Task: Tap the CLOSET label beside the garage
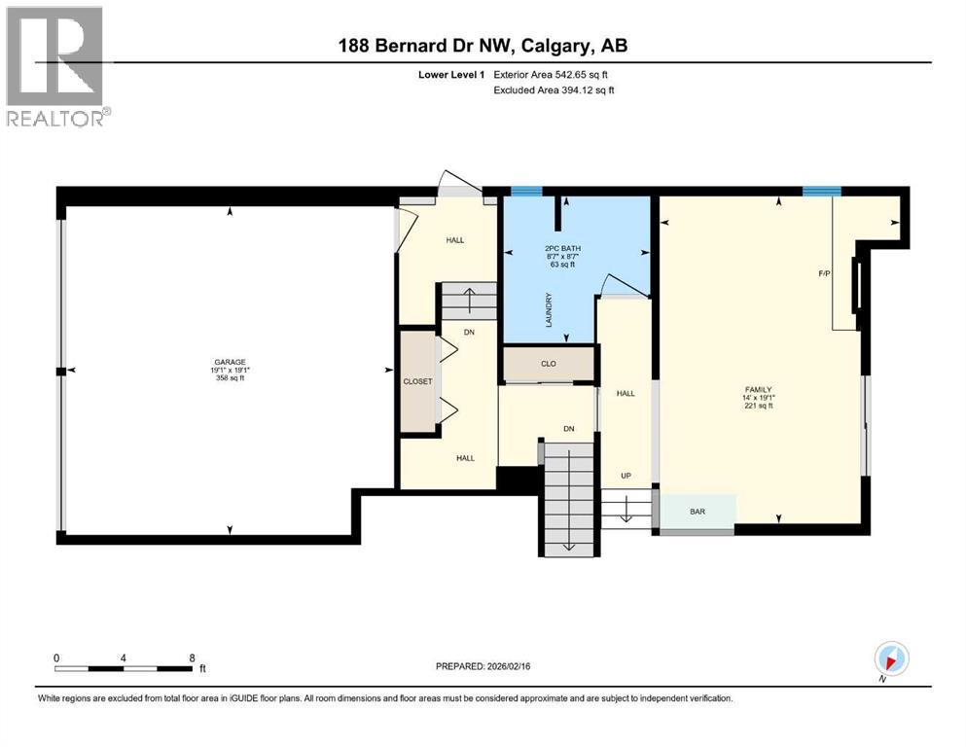[x=417, y=381]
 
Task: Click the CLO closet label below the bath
[x=548, y=365]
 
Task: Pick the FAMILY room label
[x=758, y=389]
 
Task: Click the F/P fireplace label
[x=824, y=274]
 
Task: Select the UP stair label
[x=626, y=476]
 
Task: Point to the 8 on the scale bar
[x=192, y=658]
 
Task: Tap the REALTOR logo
[x=55, y=65]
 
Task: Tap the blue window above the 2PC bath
[x=526, y=191]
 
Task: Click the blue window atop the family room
[x=822, y=191]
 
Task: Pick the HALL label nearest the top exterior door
[x=455, y=239]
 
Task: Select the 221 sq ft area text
[x=758, y=407]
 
